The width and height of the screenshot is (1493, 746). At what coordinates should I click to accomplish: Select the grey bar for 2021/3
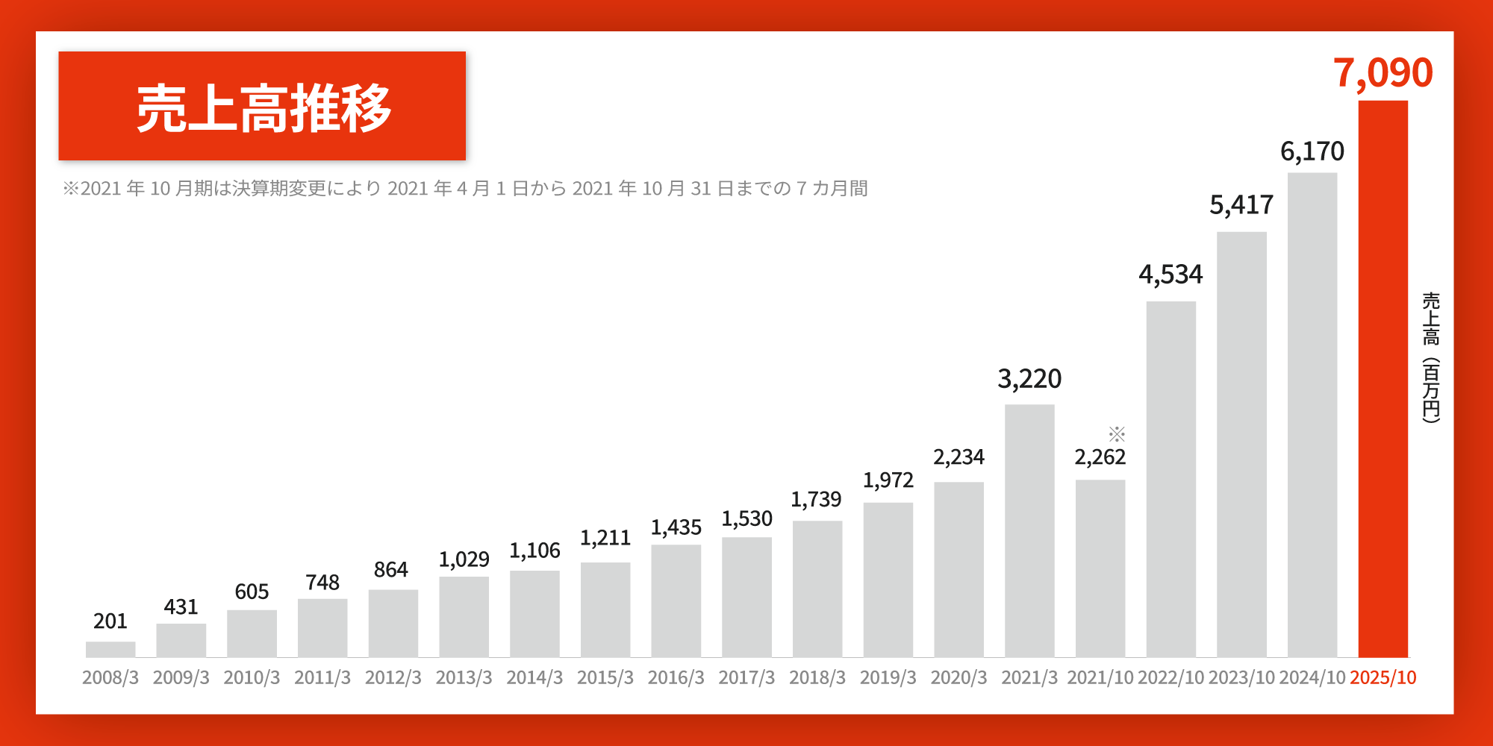click(x=1029, y=530)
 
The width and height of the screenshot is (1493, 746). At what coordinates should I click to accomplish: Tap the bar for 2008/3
click(x=110, y=649)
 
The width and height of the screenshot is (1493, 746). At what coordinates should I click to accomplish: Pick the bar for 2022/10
click(x=1171, y=479)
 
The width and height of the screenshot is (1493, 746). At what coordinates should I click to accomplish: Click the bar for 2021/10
click(x=1100, y=568)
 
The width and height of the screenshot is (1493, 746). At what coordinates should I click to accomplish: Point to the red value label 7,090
click(x=1383, y=73)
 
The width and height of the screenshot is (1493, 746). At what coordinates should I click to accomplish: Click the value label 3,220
click(x=1029, y=379)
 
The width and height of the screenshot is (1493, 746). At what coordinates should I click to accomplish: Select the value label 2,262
click(x=1100, y=457)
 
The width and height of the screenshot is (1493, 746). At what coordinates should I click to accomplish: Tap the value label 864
click(x=390, y=570)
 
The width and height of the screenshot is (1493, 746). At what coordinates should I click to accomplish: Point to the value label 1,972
click(x=888, y=480)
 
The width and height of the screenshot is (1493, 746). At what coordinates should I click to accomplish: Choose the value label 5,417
click(x=1241, y=204)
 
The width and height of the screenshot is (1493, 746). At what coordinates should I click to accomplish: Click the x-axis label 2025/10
click(x=1383, y=677)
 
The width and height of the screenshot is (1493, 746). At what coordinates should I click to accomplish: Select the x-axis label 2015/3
click(x=605, y=677)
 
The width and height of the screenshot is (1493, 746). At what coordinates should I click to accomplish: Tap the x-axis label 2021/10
click(x=1100, y=677)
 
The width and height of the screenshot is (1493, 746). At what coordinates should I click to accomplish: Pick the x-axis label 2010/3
click(x=252, y=677)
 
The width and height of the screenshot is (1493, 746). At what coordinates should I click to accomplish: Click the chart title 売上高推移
click(x=263, y=107)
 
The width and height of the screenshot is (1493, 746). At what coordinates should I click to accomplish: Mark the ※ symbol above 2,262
click(x=1117, y=434)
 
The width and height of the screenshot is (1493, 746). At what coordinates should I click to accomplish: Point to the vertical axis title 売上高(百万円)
click(x=1430, y=357)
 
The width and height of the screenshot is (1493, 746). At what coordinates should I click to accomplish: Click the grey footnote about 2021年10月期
click(x=464, y=188)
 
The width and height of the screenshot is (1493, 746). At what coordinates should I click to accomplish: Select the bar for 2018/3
click(x=817, y=589)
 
